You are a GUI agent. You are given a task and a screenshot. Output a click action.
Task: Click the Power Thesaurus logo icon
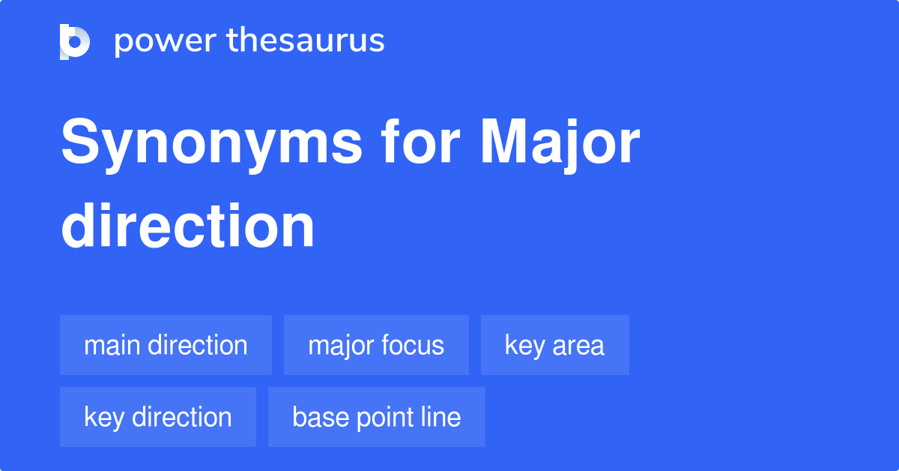point(75,41)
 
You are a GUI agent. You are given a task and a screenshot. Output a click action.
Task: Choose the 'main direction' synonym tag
point(166,345)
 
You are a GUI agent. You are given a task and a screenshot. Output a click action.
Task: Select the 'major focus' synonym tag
point(376,345)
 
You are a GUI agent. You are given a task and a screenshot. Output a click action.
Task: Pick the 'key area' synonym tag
point(554,345)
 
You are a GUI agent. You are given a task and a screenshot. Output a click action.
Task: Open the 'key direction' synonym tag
point(158,417)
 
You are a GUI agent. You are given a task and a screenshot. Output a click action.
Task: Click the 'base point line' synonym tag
point(377,417)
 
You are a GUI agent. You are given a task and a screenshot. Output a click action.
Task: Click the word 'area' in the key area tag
point(578,346)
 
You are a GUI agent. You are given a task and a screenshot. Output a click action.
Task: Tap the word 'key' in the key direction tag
point(104,417)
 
